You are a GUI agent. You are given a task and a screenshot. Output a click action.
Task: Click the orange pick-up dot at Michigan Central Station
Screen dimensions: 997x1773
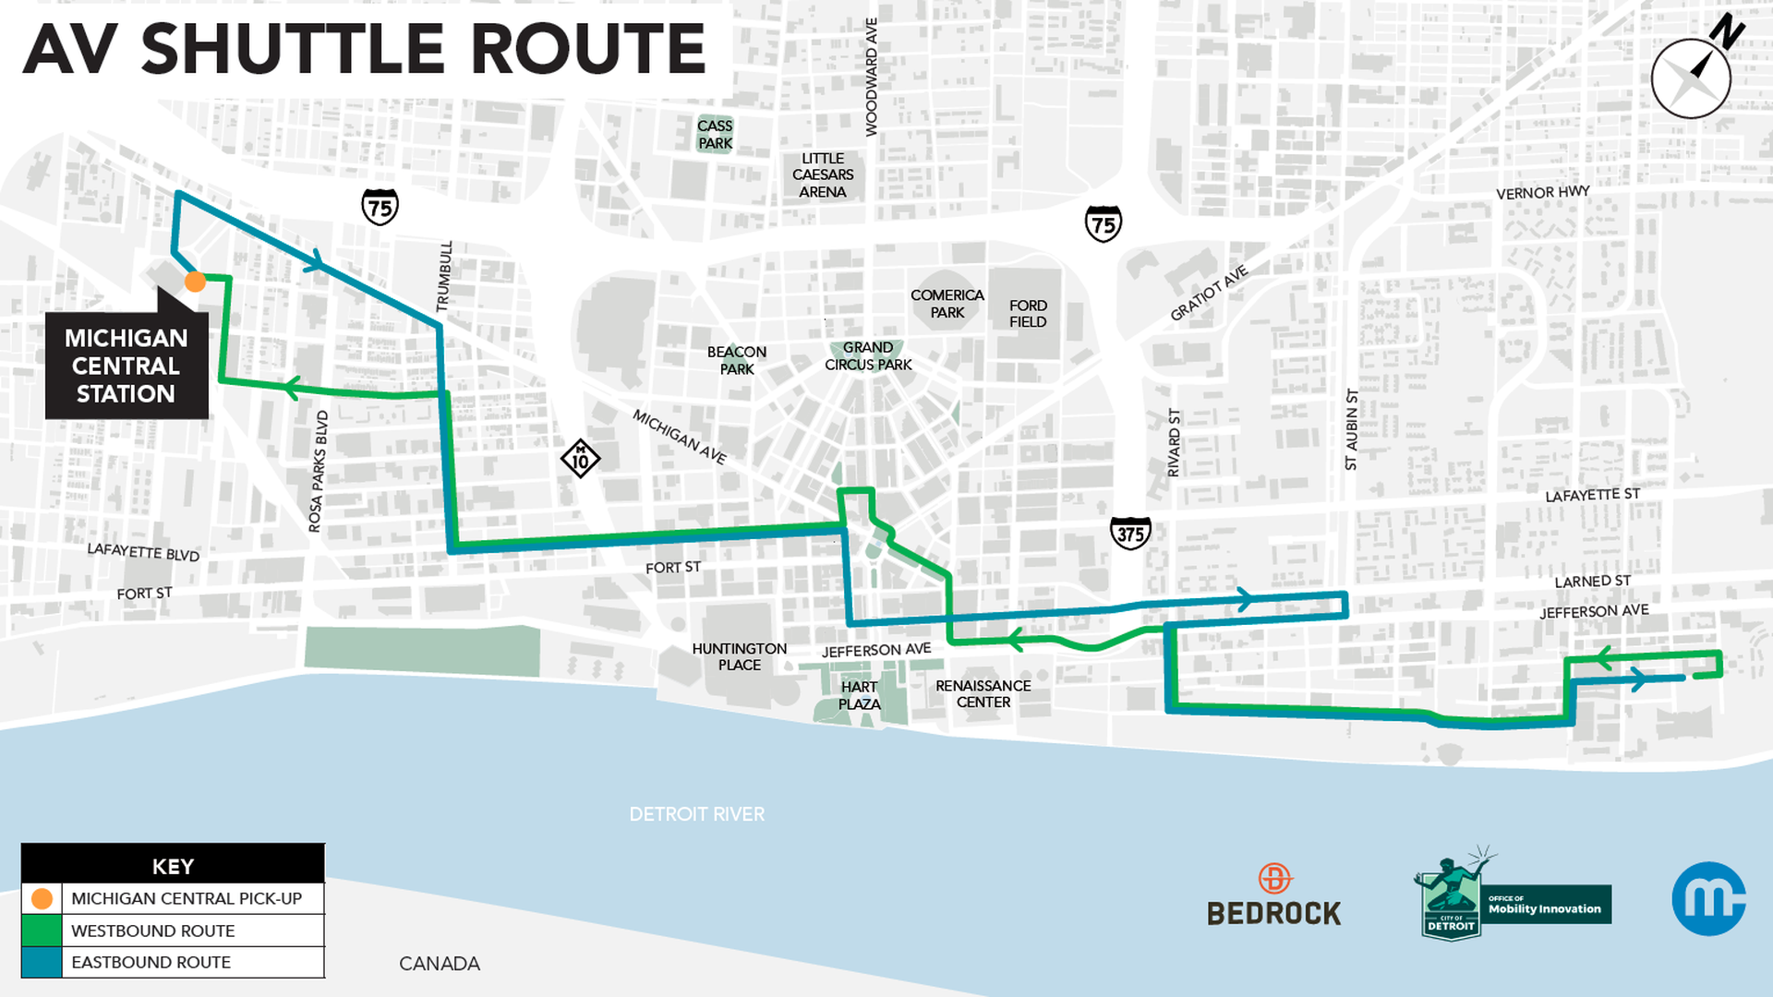(195, 282)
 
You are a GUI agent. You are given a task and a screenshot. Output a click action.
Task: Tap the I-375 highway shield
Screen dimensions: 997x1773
(1130, 534)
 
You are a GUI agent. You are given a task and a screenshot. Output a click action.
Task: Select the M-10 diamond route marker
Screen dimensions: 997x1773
(580, 458)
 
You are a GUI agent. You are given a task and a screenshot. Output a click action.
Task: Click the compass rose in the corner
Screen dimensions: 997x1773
(1691, 78)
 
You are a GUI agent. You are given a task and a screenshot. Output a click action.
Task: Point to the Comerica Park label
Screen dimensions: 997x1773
(947, 304)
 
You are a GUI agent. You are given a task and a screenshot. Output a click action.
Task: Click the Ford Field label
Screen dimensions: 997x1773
(1027, 314)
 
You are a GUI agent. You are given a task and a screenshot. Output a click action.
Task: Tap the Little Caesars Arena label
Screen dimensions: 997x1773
(822, 175)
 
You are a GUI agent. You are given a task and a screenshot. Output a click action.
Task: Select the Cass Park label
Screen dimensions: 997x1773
(715, 135)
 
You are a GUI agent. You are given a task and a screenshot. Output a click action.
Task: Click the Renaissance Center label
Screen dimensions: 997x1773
(983, 694)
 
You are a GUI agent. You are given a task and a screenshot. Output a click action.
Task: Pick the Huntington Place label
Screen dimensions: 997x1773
(739, 657)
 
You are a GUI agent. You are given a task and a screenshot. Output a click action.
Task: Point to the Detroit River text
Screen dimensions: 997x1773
(696, 814)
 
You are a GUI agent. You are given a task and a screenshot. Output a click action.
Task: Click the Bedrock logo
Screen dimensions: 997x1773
(1273, 895)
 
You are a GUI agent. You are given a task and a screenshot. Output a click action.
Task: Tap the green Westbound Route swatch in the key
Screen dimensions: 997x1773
(42, 931)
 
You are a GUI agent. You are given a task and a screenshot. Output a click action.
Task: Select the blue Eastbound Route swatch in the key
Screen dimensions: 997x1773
(42, 962)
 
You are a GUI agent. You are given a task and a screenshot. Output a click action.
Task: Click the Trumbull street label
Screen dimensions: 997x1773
(444, 276)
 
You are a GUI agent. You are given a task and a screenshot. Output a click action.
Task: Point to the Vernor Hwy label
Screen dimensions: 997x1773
(1542, 193)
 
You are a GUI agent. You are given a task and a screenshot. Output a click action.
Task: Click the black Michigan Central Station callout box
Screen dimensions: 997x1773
(127, 366)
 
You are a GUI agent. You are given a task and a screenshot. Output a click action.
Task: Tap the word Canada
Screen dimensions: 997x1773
(439, 964)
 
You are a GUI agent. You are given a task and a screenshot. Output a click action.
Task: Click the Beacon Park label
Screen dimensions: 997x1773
(736, 360)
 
